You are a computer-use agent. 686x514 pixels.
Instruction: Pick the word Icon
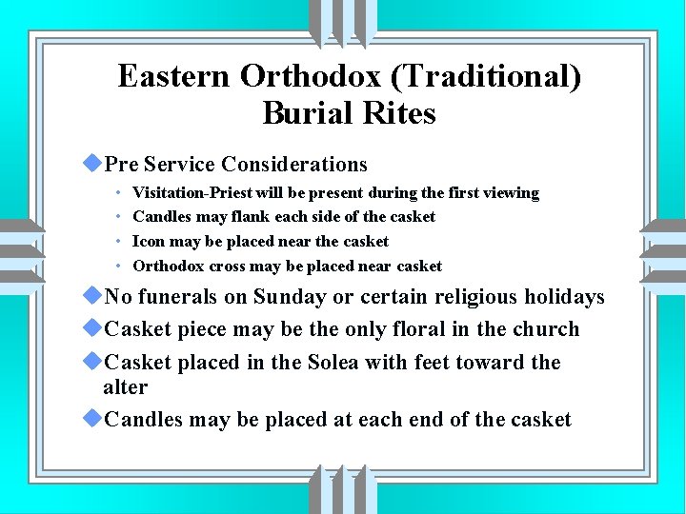click(x=148, y=242)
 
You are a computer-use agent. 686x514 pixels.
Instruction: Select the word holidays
click(x=562, y=297)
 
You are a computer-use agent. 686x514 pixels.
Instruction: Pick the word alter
click(x=125, y=387)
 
